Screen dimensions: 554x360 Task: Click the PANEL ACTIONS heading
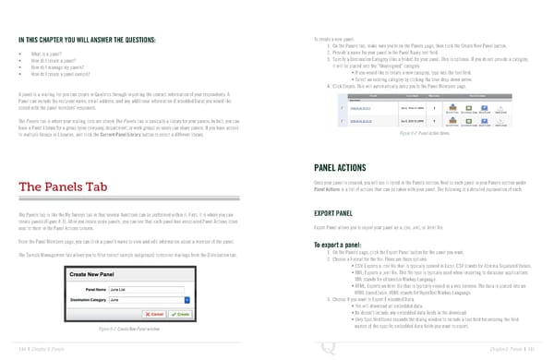point(347,169)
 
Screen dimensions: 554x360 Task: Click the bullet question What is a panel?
point(49,54)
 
